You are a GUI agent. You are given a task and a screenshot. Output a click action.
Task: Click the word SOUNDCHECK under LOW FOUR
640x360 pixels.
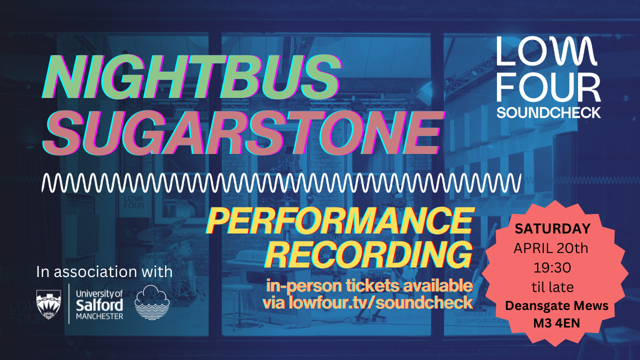[548, 112]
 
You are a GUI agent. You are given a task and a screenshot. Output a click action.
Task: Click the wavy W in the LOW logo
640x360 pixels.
[579, 52]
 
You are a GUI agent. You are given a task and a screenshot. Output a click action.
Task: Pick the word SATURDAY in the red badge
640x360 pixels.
[552, 229]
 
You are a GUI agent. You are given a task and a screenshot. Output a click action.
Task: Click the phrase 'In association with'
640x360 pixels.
[104, 272]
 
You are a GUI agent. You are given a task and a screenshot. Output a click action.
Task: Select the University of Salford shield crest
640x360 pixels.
[49, 303]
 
